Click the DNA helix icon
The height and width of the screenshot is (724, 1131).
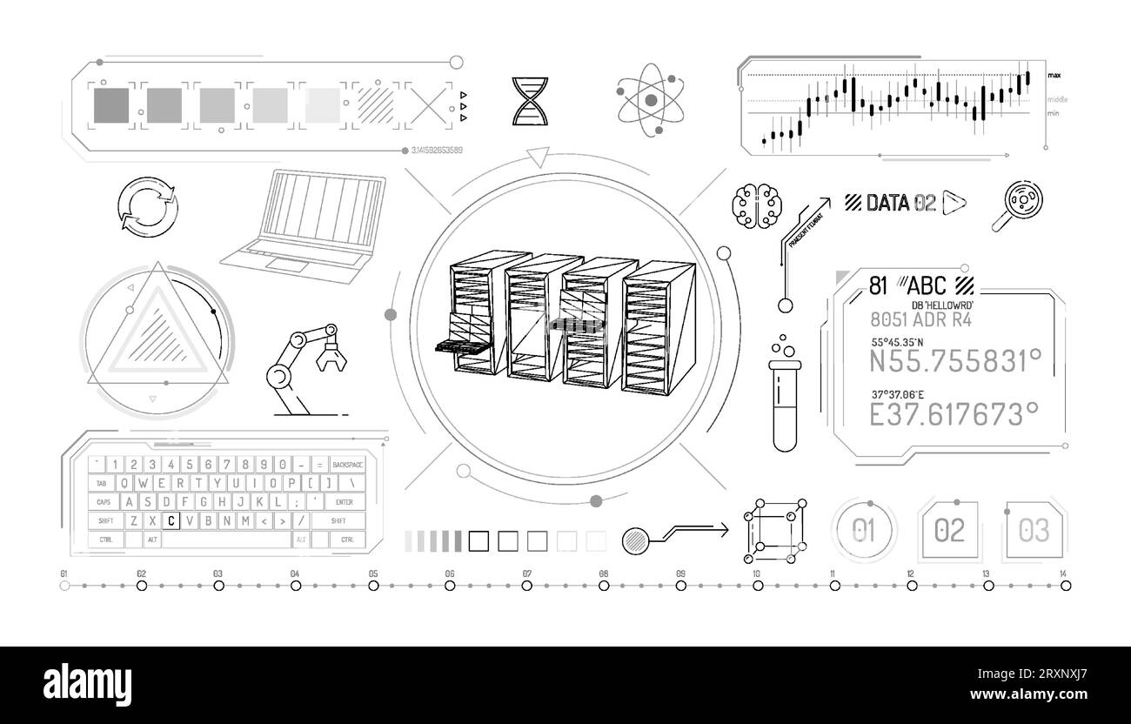(524, 101)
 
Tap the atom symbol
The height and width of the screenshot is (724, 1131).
(651, 102)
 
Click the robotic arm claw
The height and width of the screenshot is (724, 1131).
(330, 353)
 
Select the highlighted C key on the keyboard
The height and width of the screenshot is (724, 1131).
(171, 520)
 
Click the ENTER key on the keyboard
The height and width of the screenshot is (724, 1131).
(344, 501)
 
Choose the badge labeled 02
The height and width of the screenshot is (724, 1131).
(949, 529)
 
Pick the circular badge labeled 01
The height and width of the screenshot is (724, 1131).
(864, 530)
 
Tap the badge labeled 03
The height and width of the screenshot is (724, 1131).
(1034, 529)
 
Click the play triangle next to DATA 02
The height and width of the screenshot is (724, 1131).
(954, 203)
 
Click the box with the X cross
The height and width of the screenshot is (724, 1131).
(430, 105)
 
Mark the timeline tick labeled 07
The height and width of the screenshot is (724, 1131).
(526, 586)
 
